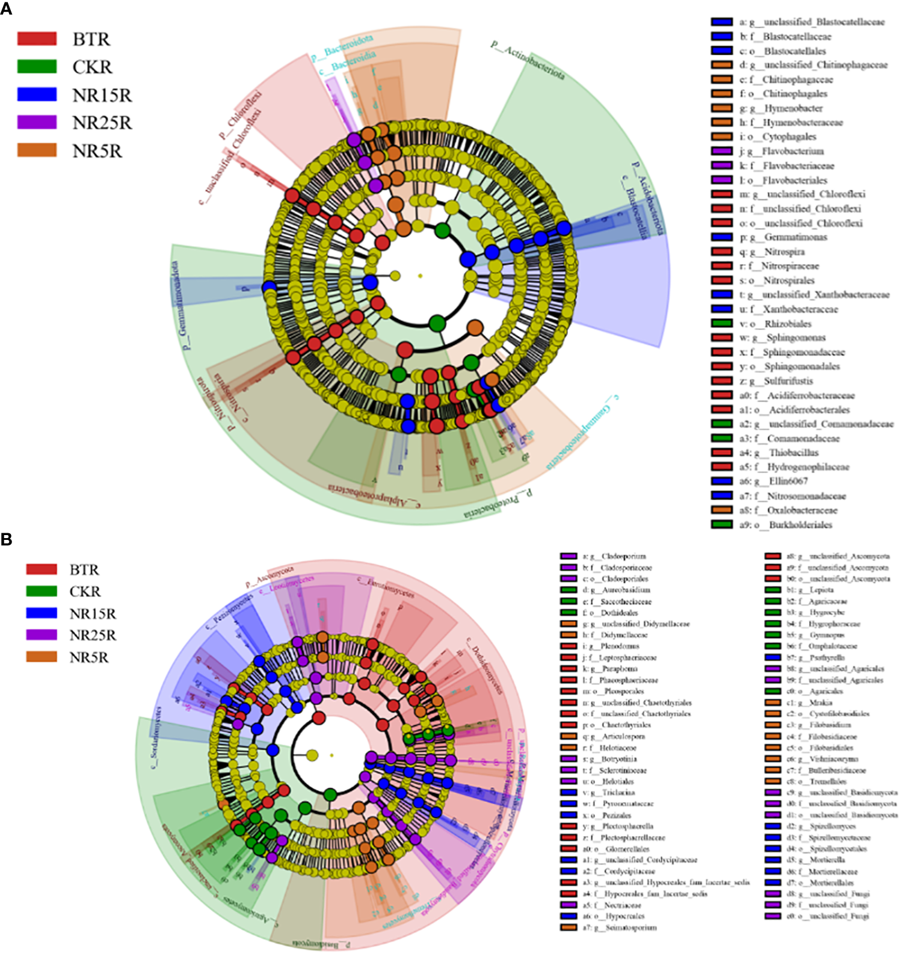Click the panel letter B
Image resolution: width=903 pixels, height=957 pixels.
(7, 539)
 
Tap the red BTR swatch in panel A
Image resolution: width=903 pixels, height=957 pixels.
(37, 39)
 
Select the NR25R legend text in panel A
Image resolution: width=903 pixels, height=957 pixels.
(102, 123)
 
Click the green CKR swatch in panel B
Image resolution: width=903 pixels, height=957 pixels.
(42, 592)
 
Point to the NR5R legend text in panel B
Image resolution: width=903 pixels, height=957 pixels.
(89, 657)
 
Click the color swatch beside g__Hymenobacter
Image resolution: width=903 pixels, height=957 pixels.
(722, 108)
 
